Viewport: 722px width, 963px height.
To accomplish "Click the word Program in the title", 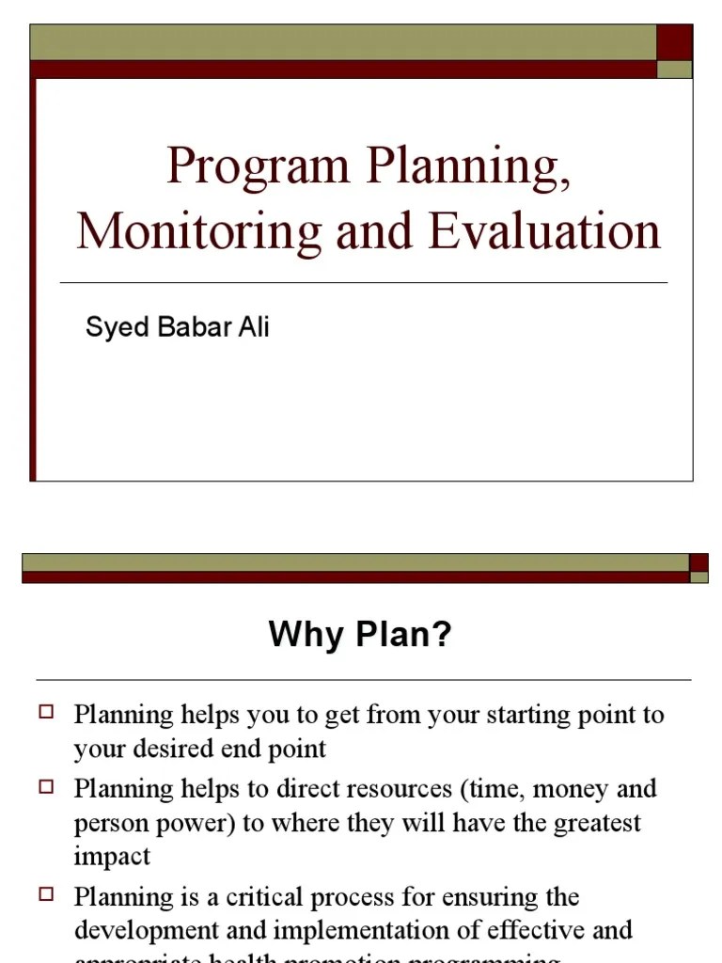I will [259, 166].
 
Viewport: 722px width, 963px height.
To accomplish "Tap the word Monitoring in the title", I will [198, 232].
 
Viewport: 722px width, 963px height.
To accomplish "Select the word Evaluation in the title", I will [545, 232].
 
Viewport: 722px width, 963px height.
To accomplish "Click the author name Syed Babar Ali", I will [178, 327].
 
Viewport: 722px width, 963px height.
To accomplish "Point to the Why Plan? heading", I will [360, 635].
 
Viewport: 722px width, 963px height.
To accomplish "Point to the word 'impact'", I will [112, 858].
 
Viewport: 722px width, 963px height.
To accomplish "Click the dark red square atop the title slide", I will [674, 42].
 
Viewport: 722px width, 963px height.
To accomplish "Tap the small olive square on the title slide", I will [674, 70].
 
